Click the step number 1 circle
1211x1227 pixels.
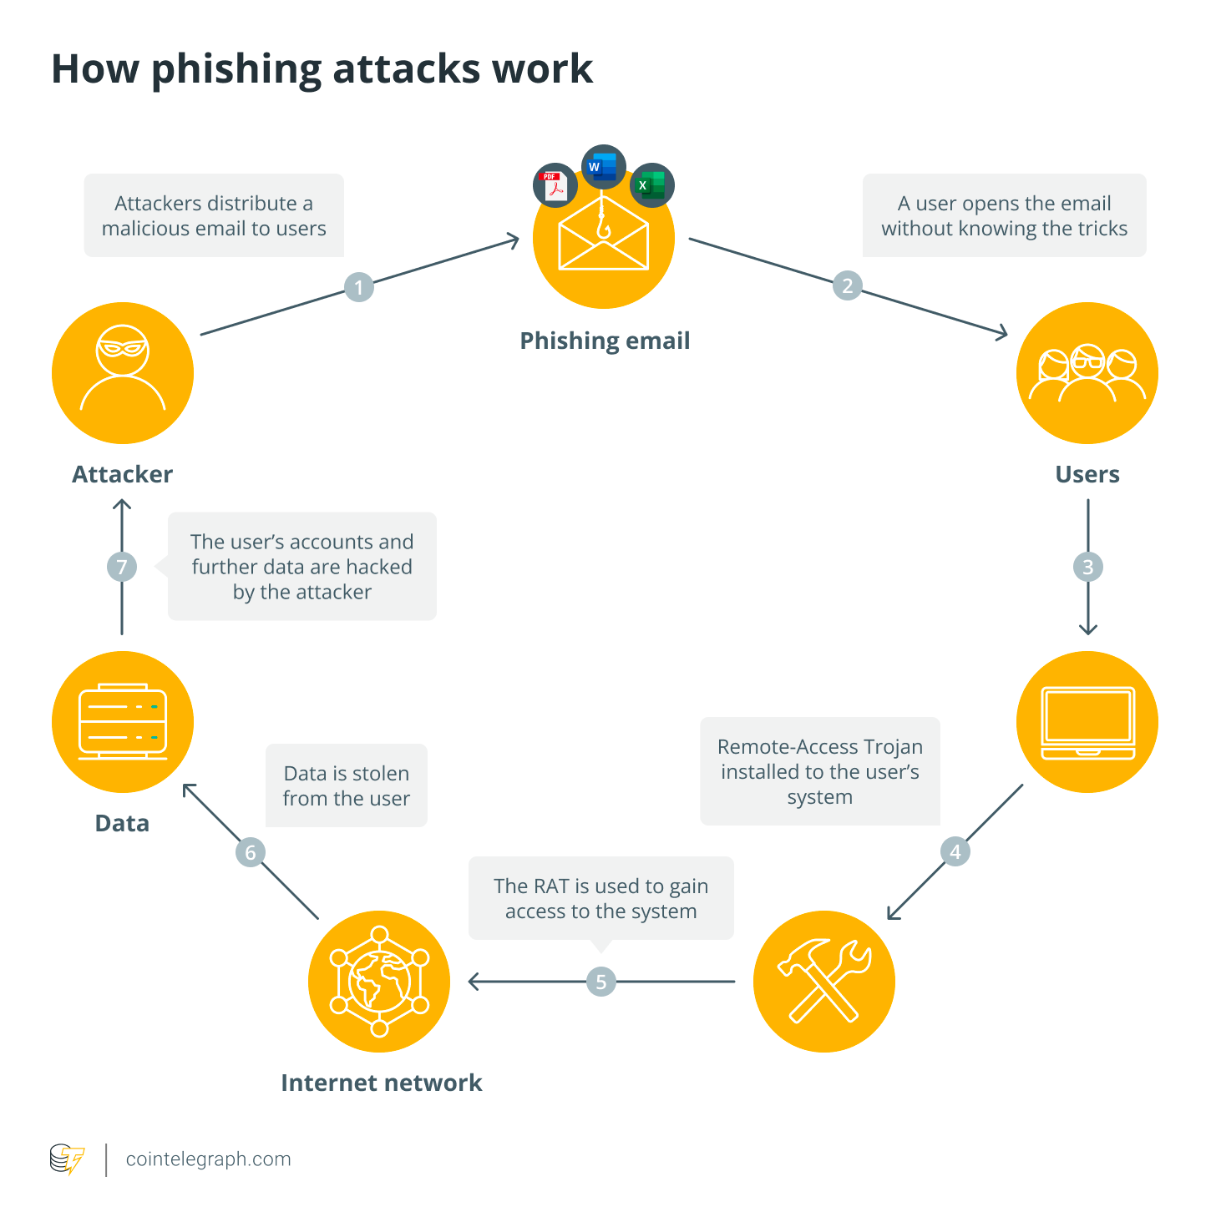click(359, 287)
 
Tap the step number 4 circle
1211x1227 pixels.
click(955, 851)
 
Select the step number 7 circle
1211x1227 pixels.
click(122, 567)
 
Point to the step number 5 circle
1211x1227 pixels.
click(600, 982)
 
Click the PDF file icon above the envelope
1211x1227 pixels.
click(555, 185)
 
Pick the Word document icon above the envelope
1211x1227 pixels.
click(603, 167)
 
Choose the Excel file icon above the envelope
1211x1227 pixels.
click(651, 185)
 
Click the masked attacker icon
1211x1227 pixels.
click(123, 372)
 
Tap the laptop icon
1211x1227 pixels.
click(1087, 722)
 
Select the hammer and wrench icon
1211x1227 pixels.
click(824, 982)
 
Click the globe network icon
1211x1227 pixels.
click(379, 982)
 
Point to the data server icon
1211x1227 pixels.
click(123, 722)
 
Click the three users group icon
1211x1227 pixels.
click(1087, 372)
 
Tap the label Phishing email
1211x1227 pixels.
click(605, 341)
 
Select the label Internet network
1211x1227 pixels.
click(382, 1083)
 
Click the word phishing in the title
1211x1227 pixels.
click(236, 70)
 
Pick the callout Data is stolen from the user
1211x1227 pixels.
click(347, 785)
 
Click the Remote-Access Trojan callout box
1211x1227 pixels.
click(820, 771)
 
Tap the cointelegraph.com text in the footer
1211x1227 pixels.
click(208, 1159)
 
